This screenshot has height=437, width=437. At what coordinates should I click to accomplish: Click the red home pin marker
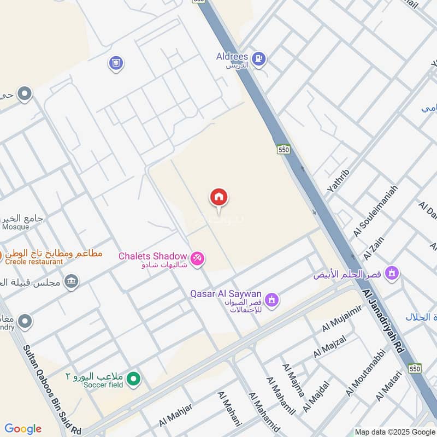[x=219, y=198]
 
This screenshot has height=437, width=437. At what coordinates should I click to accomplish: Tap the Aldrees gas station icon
[x=259, y=58]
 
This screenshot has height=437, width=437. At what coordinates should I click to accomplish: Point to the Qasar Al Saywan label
[x=226, y=294]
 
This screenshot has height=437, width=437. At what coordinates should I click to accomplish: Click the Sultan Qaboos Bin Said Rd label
[x=51, y=382]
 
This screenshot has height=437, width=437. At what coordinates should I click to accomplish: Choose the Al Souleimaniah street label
[x=376, y=211]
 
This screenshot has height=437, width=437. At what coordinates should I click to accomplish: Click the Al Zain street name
[x=375, y=246]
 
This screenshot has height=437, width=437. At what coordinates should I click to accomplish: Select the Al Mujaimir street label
[x=342, y=320]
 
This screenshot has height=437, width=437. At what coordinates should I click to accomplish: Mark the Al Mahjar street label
[x=176, y=416]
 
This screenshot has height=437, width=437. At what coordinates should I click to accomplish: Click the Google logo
[x=23, y=429]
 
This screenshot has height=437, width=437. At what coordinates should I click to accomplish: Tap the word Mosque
[x=15, y=227]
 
